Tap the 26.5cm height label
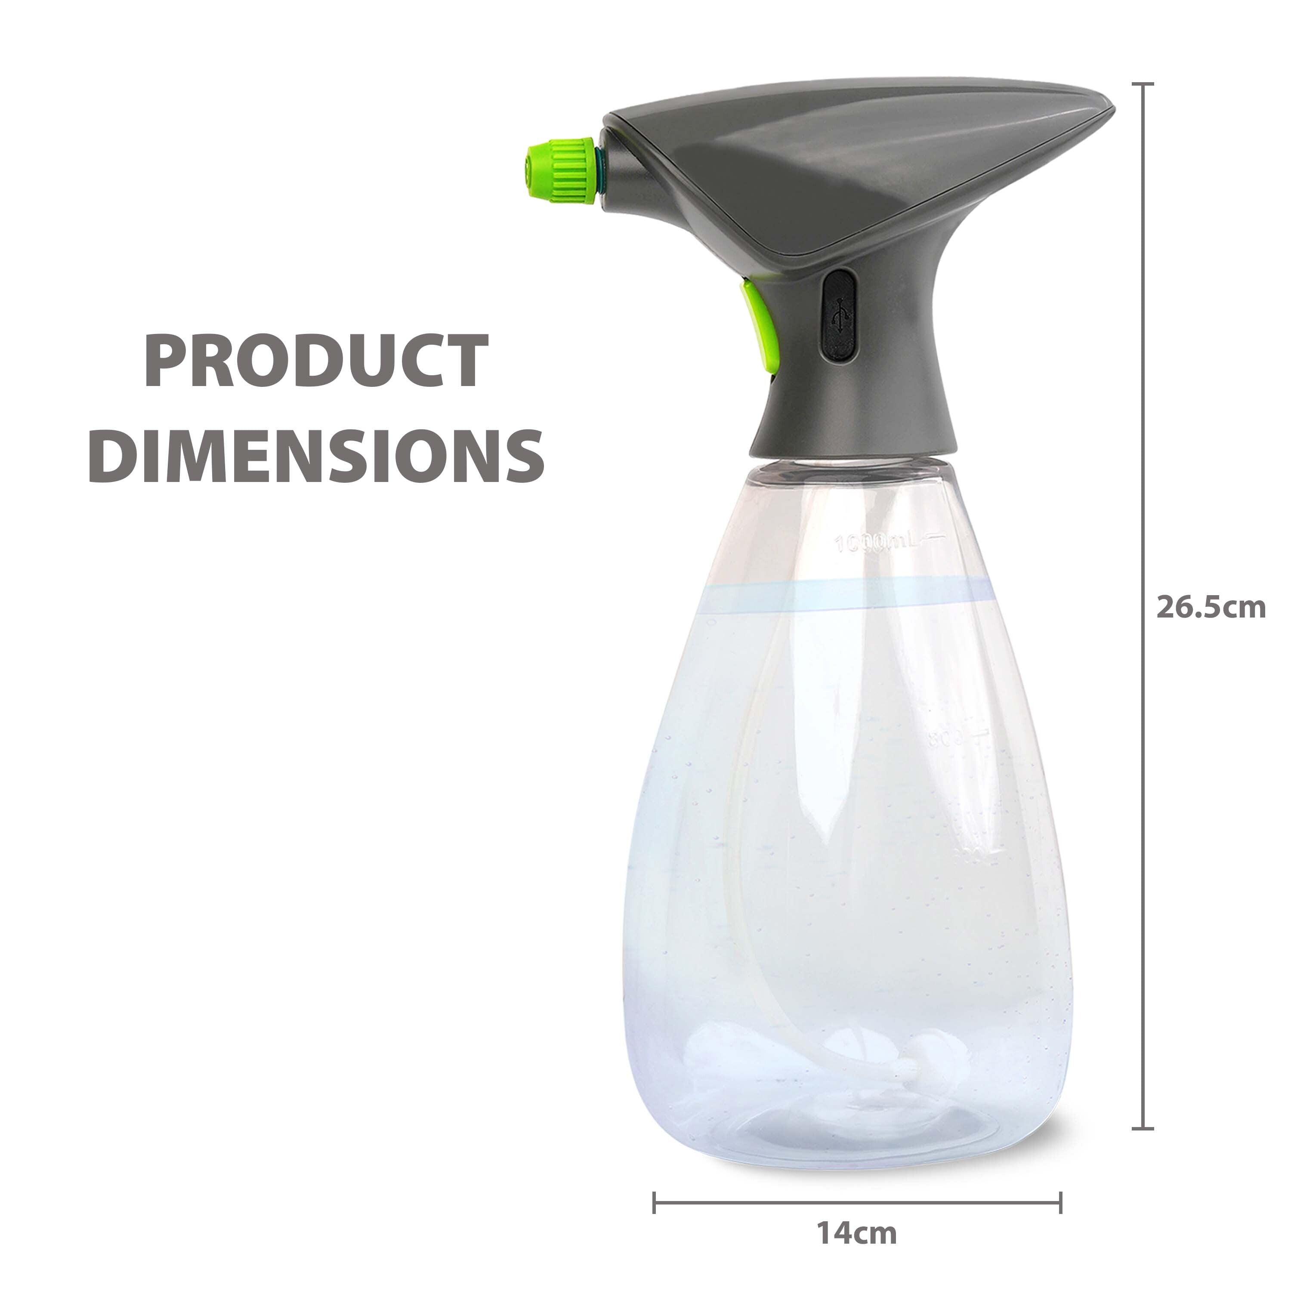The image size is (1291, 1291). pos(1211,608)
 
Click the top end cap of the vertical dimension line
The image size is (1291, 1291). pos(1143,85)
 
